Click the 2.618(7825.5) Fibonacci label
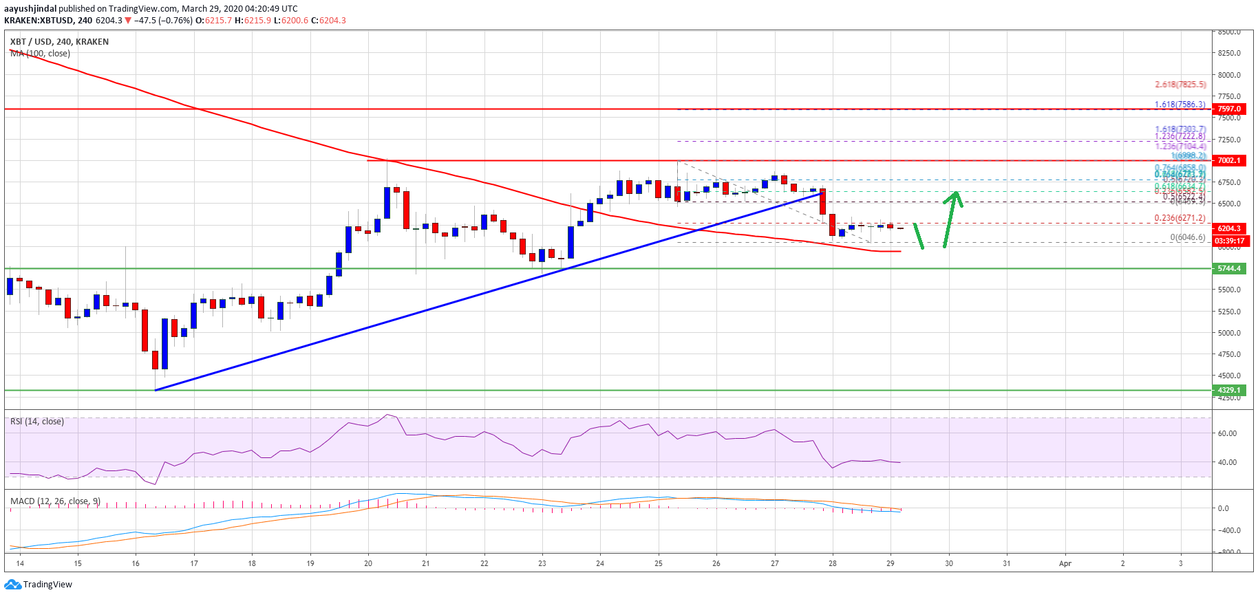point(1180,85)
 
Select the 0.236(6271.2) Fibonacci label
point(1180,218)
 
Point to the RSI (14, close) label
point(37,422)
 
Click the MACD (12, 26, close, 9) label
point(55,501)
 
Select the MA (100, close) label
point(40,54)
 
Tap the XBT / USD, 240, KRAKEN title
point(59,42)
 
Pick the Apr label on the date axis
point(1065,563)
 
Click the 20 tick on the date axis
point(368,563)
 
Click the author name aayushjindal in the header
point(30,9)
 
